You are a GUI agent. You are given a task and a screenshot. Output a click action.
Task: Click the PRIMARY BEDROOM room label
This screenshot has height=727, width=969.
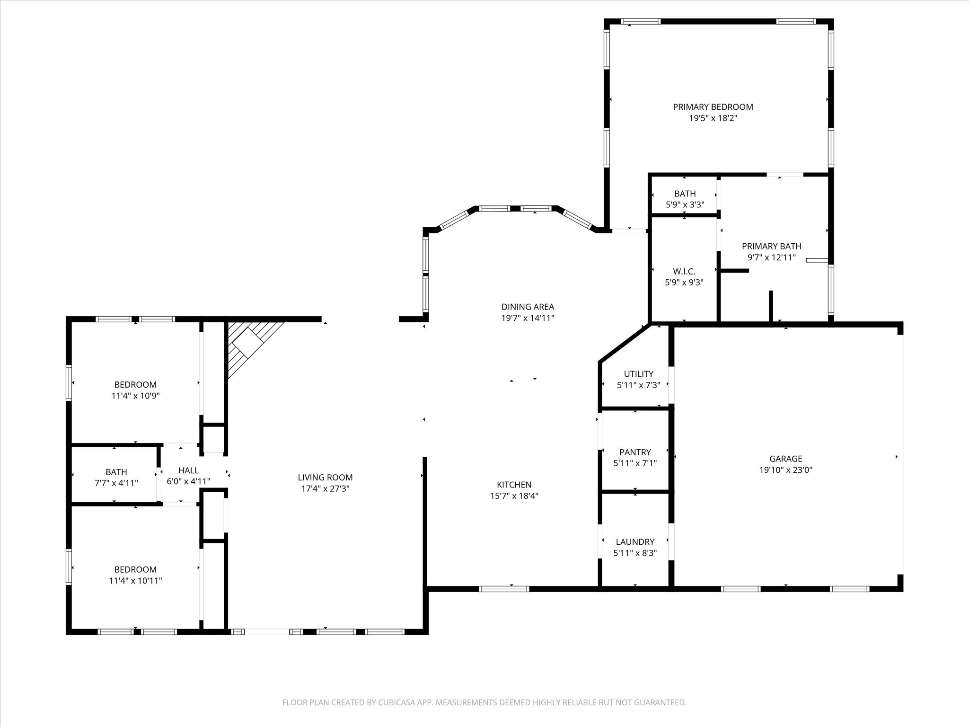click(x=713, y=107)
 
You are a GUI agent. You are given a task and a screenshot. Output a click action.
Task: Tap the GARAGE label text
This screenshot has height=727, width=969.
click(x=786, y=459)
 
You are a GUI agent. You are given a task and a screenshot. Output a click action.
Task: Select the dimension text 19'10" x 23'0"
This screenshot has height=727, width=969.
click(x=786, y=470)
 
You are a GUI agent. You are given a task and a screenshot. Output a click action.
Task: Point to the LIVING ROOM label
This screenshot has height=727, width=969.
click(x=326, y=478)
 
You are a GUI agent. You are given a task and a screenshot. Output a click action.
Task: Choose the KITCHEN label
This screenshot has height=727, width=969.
click(x=514, y=485)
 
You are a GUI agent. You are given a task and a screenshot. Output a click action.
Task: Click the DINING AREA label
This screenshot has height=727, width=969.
click(x=528, y=307)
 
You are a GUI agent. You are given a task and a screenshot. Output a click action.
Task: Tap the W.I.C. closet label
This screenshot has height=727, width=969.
click(x=684, y=271)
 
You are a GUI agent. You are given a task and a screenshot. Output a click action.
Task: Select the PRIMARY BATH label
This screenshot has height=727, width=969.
click(x=772, y=246)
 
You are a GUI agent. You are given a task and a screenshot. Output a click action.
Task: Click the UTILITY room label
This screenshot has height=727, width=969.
click(x=639, y=374)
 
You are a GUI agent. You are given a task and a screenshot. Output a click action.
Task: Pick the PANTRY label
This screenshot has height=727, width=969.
click(x=635, y=452)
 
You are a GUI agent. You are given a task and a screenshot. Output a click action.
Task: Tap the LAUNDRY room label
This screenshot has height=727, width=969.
click(x=635, y=542)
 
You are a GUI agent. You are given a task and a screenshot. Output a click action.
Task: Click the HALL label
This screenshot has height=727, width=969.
click(x=188, y=470)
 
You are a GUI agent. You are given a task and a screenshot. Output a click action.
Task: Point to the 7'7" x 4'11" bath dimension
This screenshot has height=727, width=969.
click(x=116, y=483)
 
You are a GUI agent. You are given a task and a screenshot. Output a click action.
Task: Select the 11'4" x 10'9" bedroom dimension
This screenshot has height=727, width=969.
click(x=135, y=396)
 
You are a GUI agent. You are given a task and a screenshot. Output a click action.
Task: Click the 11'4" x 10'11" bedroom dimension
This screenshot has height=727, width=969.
click(x=135, y=581)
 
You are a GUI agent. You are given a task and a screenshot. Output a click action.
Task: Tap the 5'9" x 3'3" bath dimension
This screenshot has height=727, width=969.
click(x=685, y=205)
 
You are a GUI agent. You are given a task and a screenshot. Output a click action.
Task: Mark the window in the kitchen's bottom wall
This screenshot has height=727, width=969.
click(x=504, y=589)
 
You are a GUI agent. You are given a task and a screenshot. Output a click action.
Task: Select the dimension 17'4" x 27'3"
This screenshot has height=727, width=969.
click(x=326, y=489)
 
